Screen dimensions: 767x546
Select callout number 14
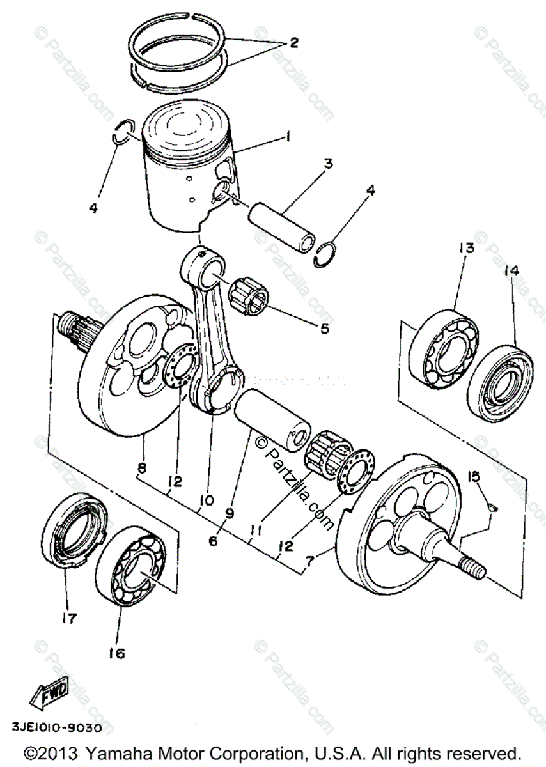pyautogui.click(x=512, y=270)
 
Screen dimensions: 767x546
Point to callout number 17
pyautogui.click(x=69, y=618)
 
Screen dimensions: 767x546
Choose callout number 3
pyautogui.click(x=327, y=164)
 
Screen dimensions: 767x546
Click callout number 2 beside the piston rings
pyautogui.click(x=293, y=43)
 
